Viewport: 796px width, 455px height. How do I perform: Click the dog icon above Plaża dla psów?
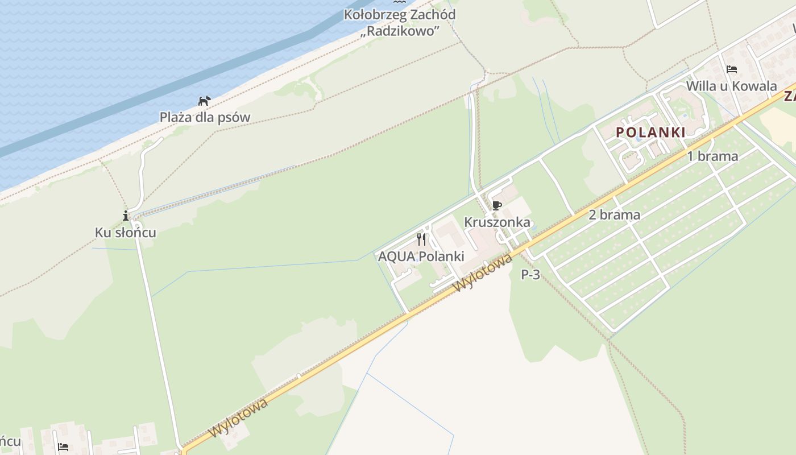point(204,101)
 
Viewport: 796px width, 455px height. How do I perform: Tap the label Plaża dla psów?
point(205,117)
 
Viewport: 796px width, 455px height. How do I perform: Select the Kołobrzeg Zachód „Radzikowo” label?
point(400,22)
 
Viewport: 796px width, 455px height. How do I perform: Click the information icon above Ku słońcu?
point(126,216)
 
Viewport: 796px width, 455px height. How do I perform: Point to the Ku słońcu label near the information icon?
point(125,233)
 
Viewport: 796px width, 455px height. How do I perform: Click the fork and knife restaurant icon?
point(421,239)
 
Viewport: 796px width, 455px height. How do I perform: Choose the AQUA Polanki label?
point(421,256)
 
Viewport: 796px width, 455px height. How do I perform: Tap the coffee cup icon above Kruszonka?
point(497,205)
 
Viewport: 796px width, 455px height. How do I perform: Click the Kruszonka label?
point(497,222)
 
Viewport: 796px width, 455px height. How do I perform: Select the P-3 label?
point(530,275)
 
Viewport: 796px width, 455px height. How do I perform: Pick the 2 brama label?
point(614,215)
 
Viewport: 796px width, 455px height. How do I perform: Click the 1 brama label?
point(712,156)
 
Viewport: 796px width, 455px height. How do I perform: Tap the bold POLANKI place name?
point(650,133)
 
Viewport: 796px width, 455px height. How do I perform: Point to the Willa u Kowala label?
point(731,86)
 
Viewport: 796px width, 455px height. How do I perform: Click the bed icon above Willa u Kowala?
point(732,69)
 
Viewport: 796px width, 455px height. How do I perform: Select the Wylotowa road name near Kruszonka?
point(484,272)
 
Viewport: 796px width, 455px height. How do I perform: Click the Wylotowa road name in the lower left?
point(238,418)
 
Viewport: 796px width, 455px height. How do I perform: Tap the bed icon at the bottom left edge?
point(63,447)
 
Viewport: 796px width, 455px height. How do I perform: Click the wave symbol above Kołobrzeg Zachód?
point(400,3)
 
